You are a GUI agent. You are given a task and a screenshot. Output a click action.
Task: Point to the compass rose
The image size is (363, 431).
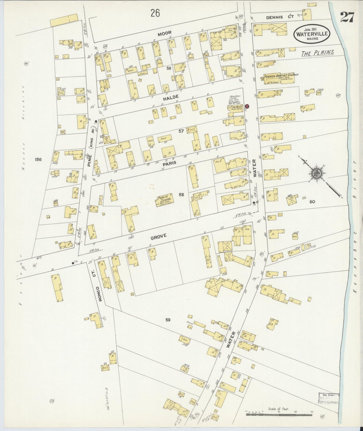click(x=316, y=173)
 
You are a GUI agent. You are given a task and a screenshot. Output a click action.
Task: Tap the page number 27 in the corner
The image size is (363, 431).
click(x=347, y=17)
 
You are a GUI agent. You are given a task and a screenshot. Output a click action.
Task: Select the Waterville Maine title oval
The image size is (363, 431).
click(x=312, y=34)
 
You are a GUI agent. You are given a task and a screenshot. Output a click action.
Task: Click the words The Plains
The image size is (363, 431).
click(x=318, y=53)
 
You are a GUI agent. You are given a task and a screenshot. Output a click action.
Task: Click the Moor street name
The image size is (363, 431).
click(x=165, y=33)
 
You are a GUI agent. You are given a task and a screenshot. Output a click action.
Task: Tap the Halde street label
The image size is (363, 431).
click(x=172, y=97)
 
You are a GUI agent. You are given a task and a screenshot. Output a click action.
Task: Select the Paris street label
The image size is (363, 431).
click(x=169, y=163)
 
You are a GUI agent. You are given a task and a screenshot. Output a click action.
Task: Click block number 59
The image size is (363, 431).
click(x=168, y=320)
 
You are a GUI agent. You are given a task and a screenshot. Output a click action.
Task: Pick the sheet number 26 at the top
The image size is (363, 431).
click(x=155, y=13)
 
